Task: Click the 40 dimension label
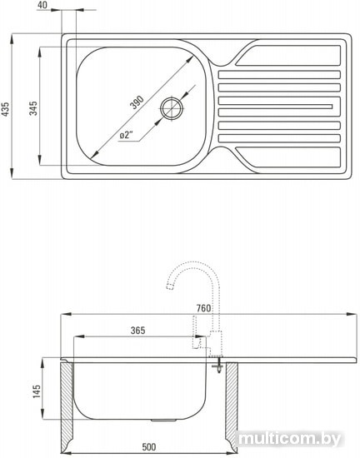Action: pyautogui.click(x=42, y=5)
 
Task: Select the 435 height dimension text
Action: pyautogui.click(x=6, y=109)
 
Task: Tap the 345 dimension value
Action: pyautogui.click(x=33, y=108)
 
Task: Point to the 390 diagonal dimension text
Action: pyautogui.click(x=137, y=102)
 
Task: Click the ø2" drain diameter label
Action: pyautogui.click(x=127, y=135)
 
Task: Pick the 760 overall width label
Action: pyautogui.click(x=203, y=308)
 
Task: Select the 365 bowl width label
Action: pyautogui.click(x=137, y=331)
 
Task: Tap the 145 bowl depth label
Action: pyautogui.click(x=37, y=391)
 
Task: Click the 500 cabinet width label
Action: pyautogui.click(x=149, y=446)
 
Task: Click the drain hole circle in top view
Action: pyautogui.click(x=172, y=108)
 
